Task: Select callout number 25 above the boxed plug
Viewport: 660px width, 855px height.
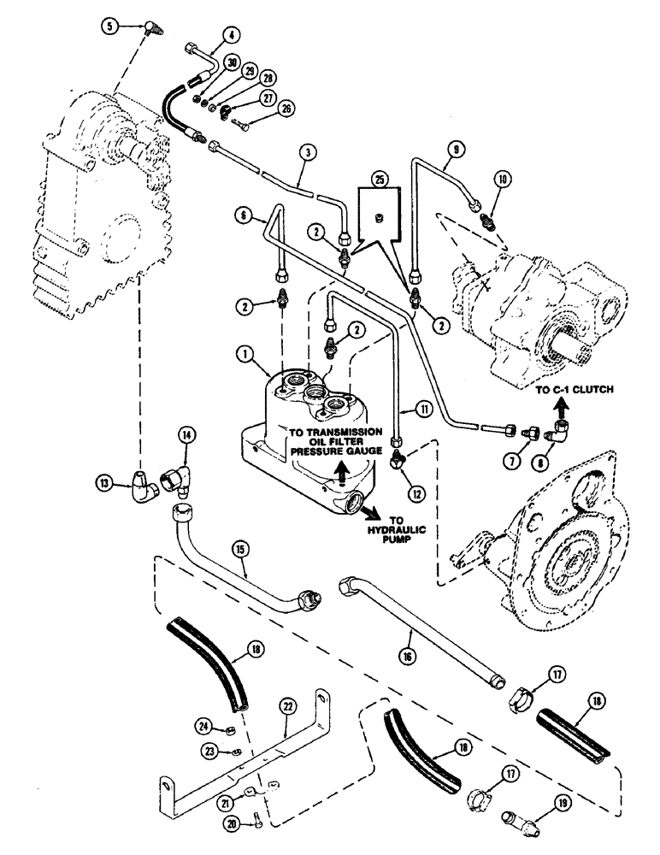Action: pos(379,180)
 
